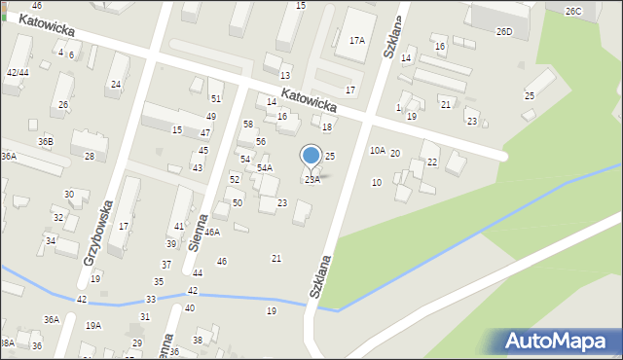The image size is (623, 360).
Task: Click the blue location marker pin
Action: coord(311,156)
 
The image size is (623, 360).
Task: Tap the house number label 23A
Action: coord(311,179)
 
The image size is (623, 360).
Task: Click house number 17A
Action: coord(357,41)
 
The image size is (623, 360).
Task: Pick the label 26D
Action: coord(503,32)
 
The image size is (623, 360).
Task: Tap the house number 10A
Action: coord(377,151)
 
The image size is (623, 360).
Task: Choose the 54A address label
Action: coord(265,168)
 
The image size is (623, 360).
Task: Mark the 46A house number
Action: coord(212,233)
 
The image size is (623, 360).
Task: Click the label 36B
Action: coord(46,142)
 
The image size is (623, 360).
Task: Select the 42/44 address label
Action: coord(18,73)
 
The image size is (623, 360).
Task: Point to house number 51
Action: coord(216,99)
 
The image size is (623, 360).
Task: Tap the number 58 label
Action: coord(248,125)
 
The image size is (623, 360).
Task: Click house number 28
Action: coord(90,157)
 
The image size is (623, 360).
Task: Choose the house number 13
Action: coord(285,76)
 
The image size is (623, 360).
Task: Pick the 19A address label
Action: coord(93,326)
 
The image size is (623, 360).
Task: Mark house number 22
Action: coord(432,162)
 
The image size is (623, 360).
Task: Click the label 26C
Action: coord(573,12)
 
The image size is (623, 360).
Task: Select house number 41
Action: coord(179,227)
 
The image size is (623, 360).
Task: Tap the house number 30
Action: coord(69,195)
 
